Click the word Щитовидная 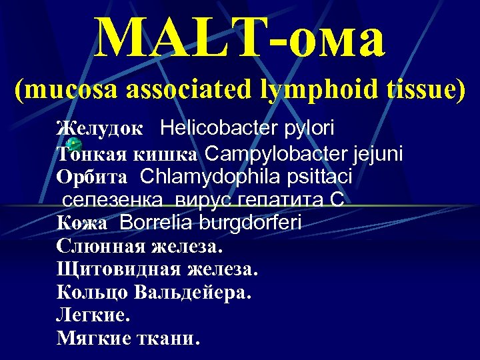click(x=115, y=269)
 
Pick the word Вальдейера click(x=193, y=292)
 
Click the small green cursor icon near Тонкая click(x=75, y=144)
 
